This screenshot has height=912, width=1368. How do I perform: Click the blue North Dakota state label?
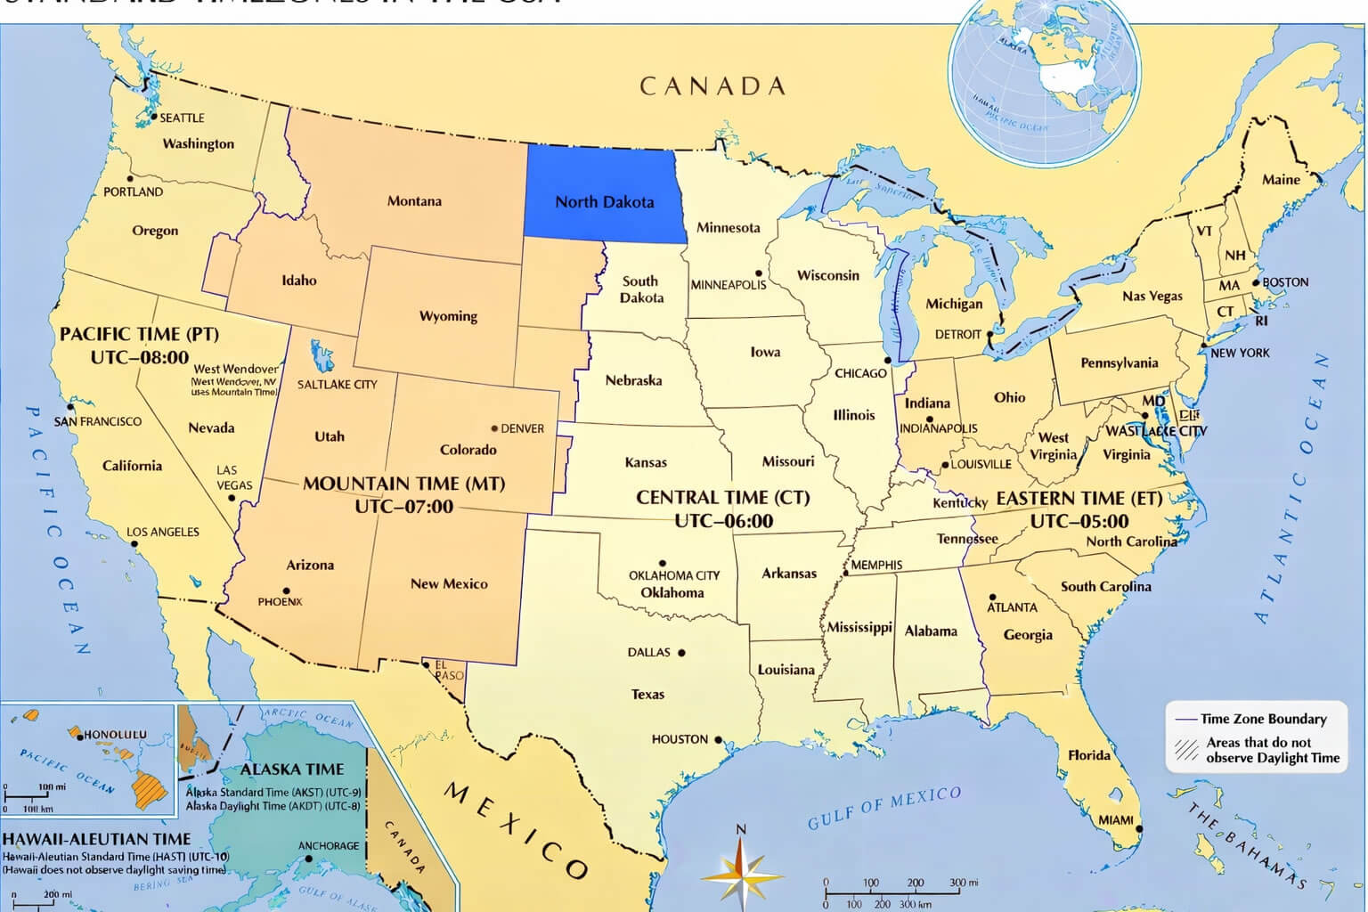[604, 202]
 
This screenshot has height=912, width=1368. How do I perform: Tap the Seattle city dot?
[154, 117]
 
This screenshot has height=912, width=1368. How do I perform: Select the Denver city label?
[522, 428]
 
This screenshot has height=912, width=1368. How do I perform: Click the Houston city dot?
[719, 739]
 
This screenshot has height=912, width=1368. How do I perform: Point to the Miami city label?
[1116, 819]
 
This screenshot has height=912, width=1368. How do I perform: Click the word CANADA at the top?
[712, 86]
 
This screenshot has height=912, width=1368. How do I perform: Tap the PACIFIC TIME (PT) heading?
[139, 335]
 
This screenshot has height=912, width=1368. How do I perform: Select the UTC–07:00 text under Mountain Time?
[403, 507]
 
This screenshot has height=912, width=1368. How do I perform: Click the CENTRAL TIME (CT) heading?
[722, 498]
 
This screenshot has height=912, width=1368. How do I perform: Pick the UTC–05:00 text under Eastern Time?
[1079, 521]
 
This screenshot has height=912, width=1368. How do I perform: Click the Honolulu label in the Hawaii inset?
[115, 735]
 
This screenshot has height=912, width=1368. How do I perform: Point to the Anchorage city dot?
[309, 859]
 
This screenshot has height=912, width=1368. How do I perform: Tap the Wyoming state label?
[448, 316]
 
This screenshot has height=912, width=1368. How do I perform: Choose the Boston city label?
[1285, 282]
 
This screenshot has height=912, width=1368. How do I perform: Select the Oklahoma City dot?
[663, 563]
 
